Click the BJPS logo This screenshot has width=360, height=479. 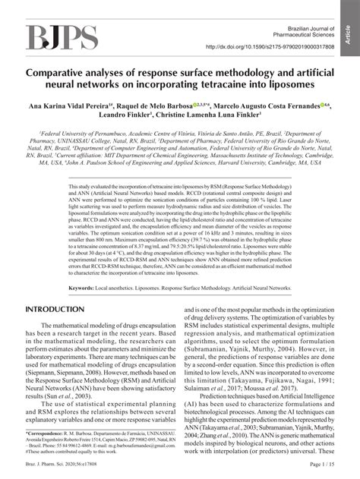[x=62, y=36]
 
